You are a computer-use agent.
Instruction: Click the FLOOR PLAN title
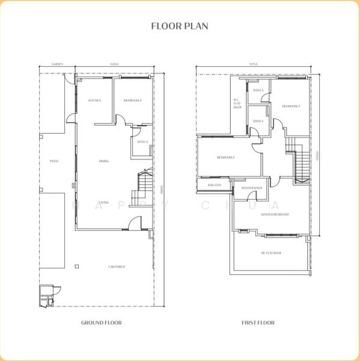point(180,26)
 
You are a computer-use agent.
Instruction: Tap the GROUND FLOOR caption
point(102,323)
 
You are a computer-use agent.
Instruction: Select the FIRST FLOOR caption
point(258,323)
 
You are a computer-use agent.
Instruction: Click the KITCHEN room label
point(94,100)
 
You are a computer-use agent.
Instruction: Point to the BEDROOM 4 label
point(132,100)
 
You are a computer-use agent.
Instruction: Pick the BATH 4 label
point(142,142)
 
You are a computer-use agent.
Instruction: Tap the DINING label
point(103,161)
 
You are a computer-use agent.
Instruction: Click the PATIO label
point(53,161)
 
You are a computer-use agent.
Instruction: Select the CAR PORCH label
point(117,267)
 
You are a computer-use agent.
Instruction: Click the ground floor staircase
point(145,188)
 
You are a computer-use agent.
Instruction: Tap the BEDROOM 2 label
point(225,158)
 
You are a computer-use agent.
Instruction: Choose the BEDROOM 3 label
point(291,106)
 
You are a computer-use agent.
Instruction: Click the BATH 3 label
point(258,90)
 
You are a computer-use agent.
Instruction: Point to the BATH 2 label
point(258,121)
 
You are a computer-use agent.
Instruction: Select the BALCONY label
point(215,185)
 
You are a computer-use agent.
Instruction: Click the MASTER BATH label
point(252,188)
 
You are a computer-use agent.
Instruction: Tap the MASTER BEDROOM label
point(275,214)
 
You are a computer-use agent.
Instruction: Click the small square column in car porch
point(76,265)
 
